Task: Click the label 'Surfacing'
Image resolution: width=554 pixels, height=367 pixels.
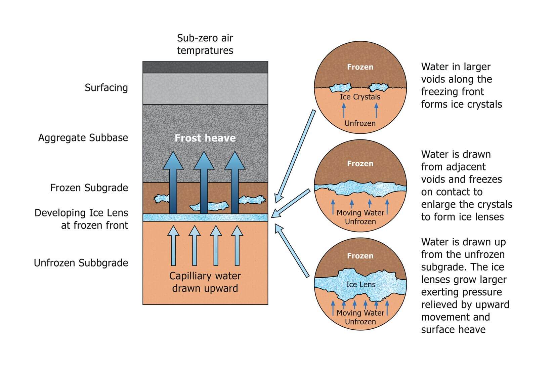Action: coord(106,88)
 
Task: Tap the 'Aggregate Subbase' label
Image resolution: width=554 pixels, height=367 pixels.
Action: coord(83,138)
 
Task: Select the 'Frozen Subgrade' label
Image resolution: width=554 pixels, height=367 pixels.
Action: coord(89,188)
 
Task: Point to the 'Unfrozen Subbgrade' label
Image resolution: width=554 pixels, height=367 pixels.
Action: coord(81,263)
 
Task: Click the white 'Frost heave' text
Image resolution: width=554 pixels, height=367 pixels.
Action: coord(205,138)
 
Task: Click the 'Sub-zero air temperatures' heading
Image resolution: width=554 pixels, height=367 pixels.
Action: coord(205,44)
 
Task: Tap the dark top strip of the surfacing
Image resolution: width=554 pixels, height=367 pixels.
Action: coord(205,67)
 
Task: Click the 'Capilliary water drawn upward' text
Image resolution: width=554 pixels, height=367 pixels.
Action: coord(205,282)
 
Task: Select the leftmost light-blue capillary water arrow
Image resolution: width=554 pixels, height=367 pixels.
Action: coord(173,245)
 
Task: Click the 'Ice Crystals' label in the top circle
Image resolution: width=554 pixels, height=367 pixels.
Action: coord(360,97)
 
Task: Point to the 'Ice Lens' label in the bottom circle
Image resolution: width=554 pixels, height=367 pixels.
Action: coord(360,284)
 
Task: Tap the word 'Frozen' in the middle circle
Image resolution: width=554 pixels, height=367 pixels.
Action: coord(360,164)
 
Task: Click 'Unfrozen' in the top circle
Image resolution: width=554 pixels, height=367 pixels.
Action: coord(360,123)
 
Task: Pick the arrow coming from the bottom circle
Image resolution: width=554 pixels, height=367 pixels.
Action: coord(292,250)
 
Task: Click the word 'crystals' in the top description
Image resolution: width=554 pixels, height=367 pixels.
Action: coord(484,104)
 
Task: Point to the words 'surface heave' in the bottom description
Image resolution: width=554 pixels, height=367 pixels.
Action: coord(453,329)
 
